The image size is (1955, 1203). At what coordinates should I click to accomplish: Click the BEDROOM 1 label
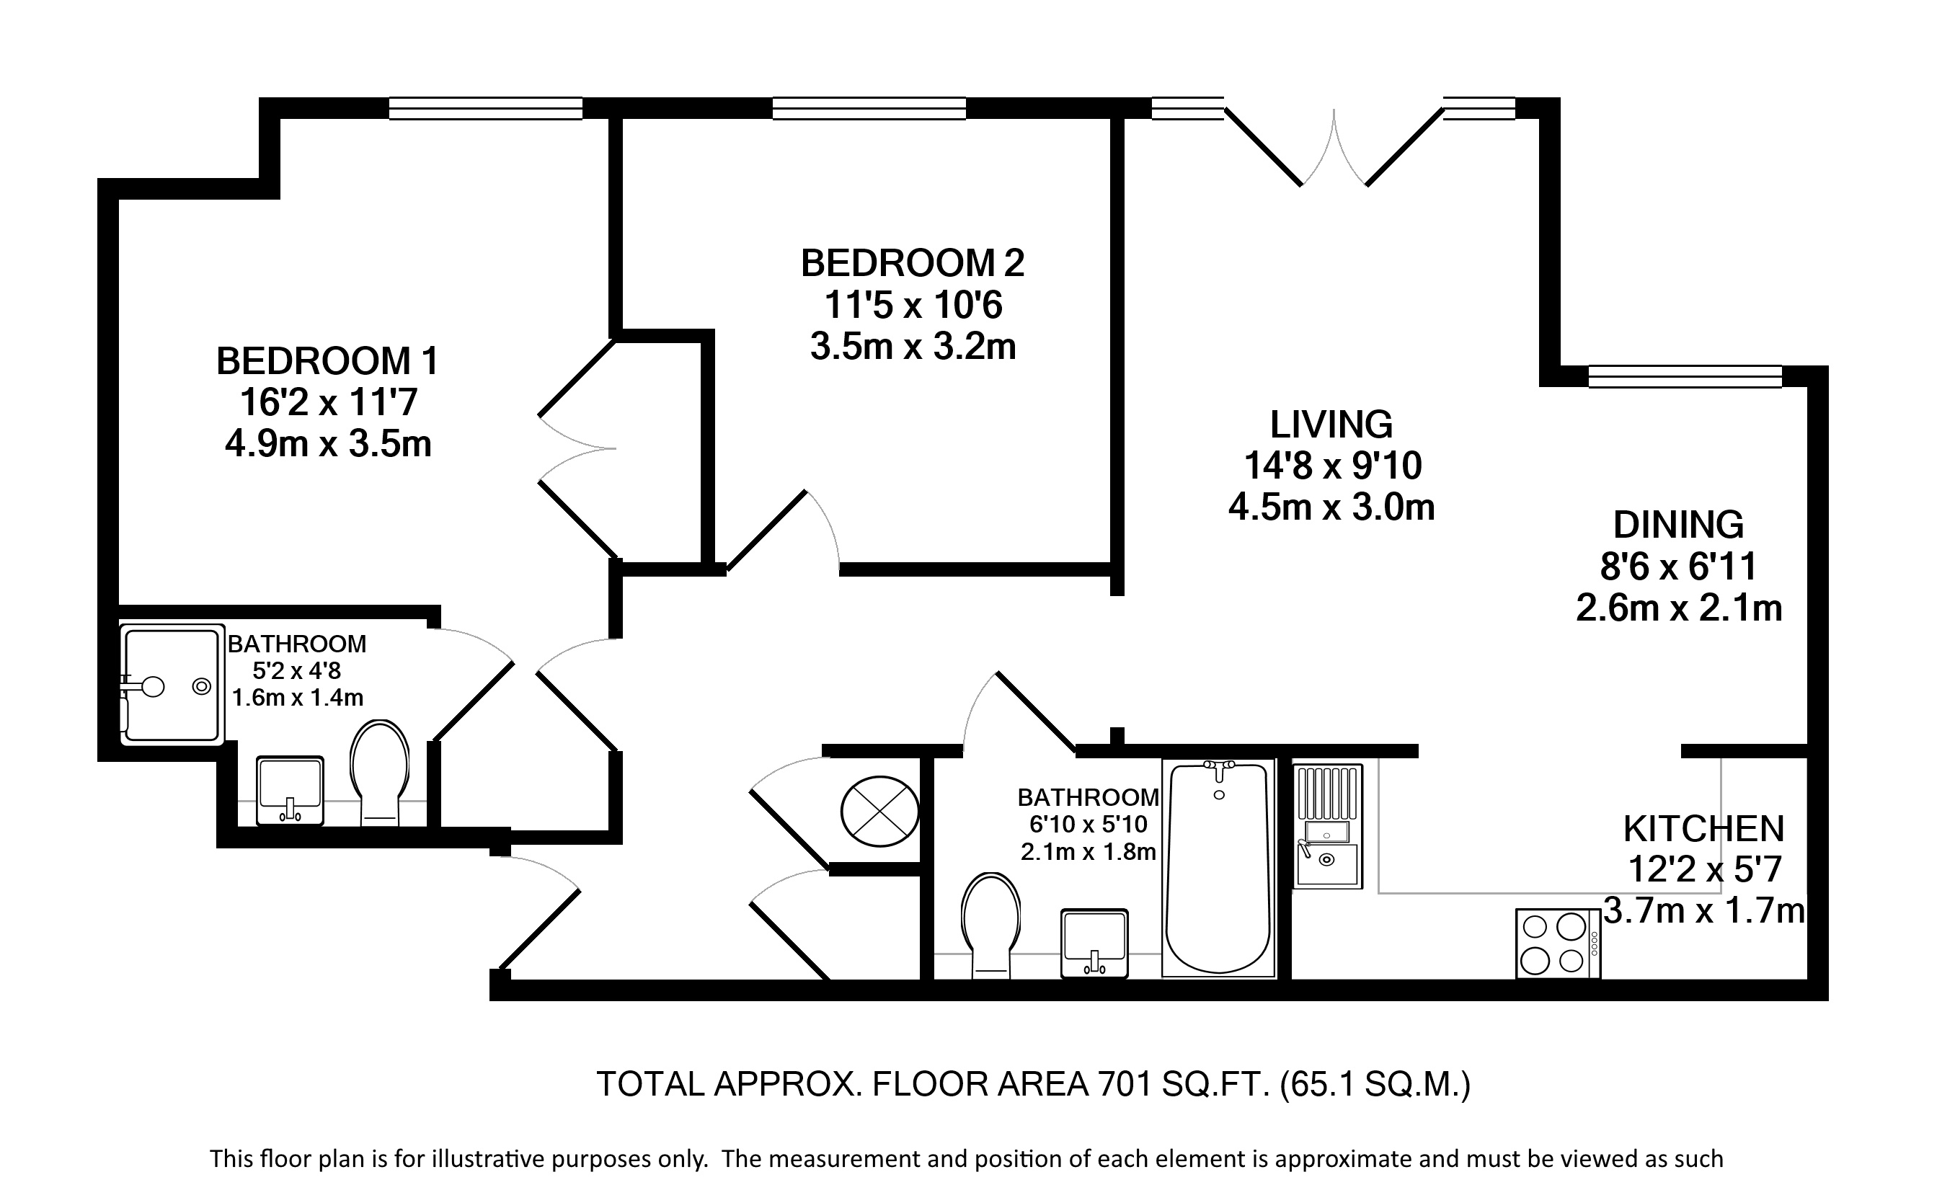pyautogui.click(x=327, y=361)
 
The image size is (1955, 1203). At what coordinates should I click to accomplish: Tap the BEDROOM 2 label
pyautogui.click(x=913, y=263)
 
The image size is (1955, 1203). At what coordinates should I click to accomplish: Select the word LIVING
pyautogui.click(x=1331, y=424)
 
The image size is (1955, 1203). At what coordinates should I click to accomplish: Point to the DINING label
pyautogui.click(x=1679, y=525)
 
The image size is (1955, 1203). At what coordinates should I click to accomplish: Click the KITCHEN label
pyautogui.click(x=1703, y=829)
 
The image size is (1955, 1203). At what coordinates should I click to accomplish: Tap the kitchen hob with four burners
pyautogui.click(x=1558, y=944)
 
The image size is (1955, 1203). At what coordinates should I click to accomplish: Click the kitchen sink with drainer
pyautogui.click(x=1327, y=826)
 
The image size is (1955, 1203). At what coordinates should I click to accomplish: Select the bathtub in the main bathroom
pyautogui.click(x=1218, y=867)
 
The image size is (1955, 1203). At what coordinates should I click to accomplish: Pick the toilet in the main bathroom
pyautogui.click(x=990, y=925)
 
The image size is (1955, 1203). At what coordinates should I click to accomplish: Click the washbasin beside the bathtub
pyautogui.click(x=1095, y=944)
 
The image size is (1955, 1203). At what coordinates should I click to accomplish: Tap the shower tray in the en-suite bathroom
pyautogui.click(x=170, y=684)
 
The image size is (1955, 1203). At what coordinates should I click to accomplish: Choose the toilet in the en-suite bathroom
pyautogui.click(x=381, y=773)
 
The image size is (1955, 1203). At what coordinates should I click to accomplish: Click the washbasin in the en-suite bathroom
pyautogui.click(x=291, y=791)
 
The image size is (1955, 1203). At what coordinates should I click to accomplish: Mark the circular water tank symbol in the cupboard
pyautogui.click(x=879, y=812)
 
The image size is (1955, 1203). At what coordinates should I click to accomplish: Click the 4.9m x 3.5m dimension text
pyautogui.click(x=328, y=444)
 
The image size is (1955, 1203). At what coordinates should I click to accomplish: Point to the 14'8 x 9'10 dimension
pyautogui.click(x=1333, y=466)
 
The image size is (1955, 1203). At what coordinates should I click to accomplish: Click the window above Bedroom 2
pyautogui.click(x=869, y=108)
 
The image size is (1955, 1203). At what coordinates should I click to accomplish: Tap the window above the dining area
pyautogui.click(x=1685, y=376)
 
